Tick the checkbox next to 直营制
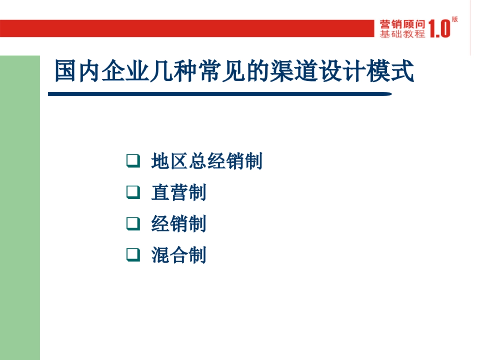[x=133, y=192]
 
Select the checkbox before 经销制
[x=133, y=223]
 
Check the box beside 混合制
[x=133, y=254]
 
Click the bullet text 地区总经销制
[x=207, y=161]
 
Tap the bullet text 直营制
[x=179, y=192]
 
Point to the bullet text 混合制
[x=179, y=255]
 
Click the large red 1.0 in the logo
[x=439, y=29]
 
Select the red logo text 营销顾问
[x=402, y=25]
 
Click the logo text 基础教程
[x=402, y=34]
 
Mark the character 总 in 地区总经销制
[x=198, y=161]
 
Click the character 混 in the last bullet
[x=160, y=255]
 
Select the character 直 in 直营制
[x=160, y=192]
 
